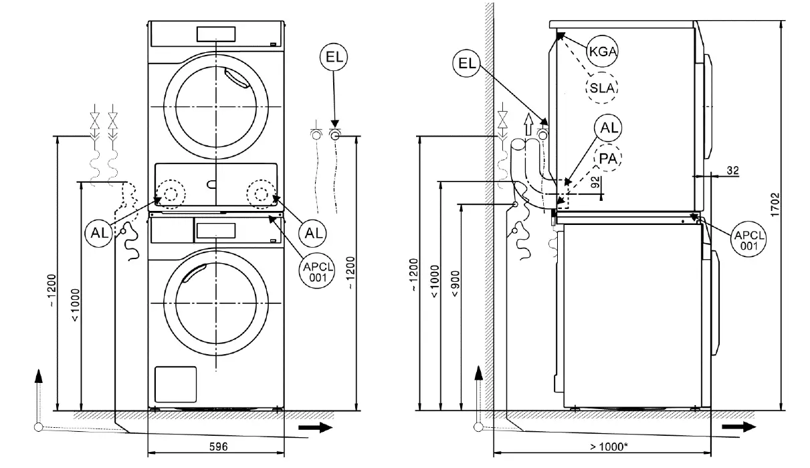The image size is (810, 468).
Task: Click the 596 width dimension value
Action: point(215,446)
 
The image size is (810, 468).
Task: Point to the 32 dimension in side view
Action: point(732,171)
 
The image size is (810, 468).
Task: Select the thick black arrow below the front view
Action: point(315,428)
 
